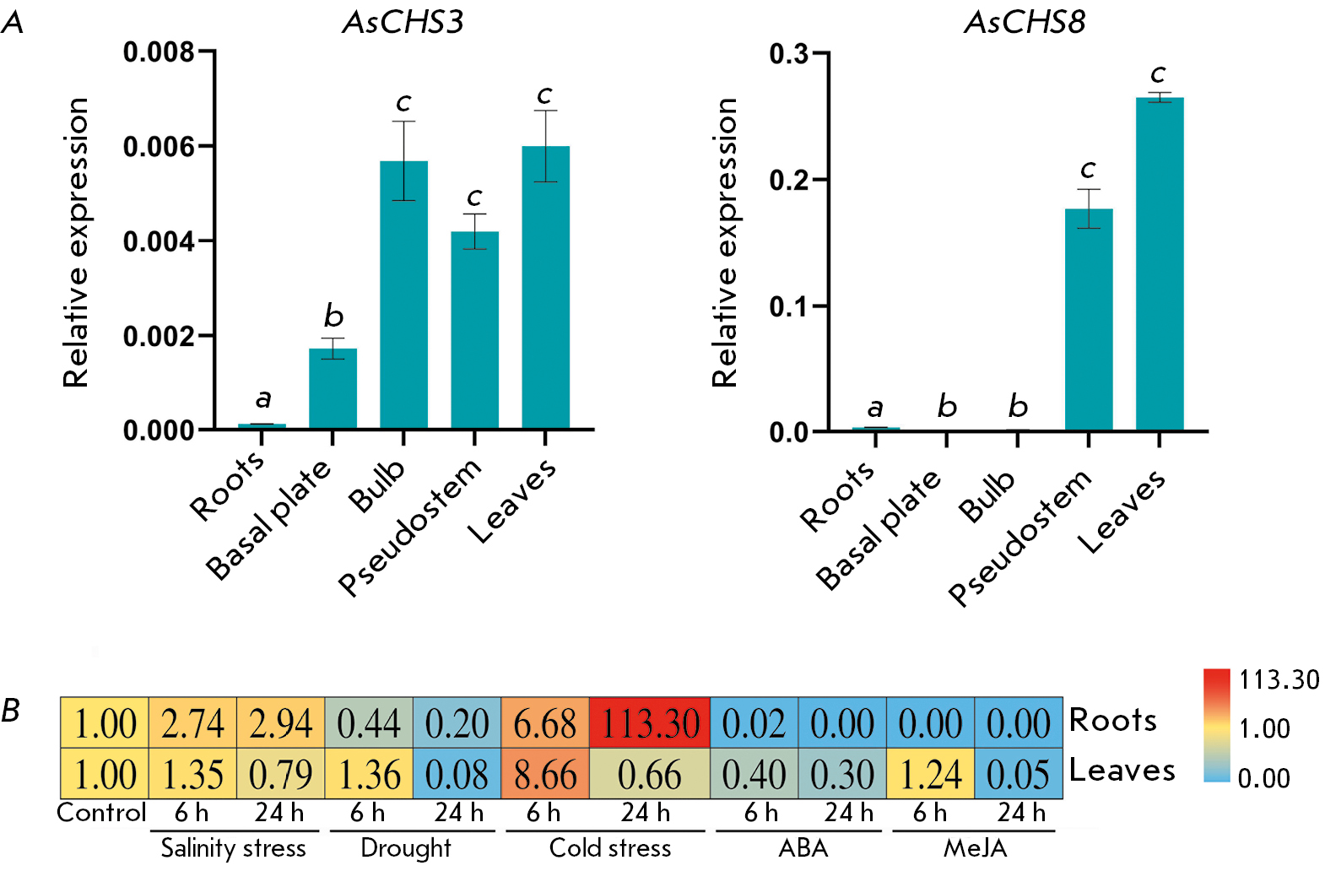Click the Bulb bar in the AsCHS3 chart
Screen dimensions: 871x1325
[x=403, y=295]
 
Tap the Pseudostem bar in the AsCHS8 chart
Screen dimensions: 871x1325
[x=1089, y=320]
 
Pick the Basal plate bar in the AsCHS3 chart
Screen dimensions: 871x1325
[x=333, y=388]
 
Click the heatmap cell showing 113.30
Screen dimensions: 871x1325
[x=650, y=723]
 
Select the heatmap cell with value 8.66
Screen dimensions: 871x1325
[x=545, y=774]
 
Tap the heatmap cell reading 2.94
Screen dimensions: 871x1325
[x=280, y=723]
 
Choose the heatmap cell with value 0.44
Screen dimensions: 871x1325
[x=369, y=723]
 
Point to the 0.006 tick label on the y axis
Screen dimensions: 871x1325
[x=159, y=147]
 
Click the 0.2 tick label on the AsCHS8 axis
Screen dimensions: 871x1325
[x=788, y=180]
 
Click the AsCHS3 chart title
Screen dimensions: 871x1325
[x=403, y=23]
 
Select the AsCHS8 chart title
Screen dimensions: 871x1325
[x=1025, y=23]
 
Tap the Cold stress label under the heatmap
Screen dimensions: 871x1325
[x=609, y=847]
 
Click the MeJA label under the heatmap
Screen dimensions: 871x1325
[x=975, y=847]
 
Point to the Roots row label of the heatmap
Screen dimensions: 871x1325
[x=1112, y=721]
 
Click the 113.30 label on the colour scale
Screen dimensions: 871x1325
[x=1279, y=679]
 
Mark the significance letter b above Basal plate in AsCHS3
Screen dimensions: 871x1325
[x=333, y=316]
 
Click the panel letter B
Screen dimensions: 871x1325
[x=11, y=711]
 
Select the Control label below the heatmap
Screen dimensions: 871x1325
[x=101, y=813]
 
